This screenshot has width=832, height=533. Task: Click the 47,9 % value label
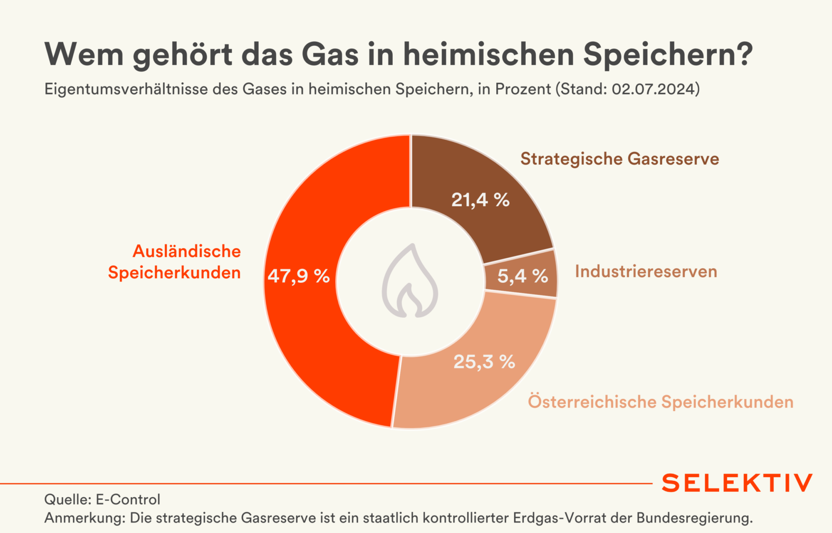click(x=298, y=276)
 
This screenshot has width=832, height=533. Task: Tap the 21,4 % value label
click(x=480, y=200)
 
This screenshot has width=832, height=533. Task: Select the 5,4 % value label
click(x=523, y=275)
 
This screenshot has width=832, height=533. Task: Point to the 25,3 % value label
click(x=484, y=361)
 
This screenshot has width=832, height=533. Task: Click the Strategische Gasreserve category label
click(x=619, y=159)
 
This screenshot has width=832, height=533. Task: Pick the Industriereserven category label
click(x=646, y=271)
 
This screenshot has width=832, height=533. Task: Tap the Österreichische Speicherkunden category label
click(x=660, y=402)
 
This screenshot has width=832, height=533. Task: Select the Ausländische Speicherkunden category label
click(x=174, y=262)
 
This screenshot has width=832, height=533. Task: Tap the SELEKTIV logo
click(x=737, y=483)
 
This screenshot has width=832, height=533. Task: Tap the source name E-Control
click(x=128, y=499)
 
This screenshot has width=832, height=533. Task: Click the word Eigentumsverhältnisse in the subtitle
click(x=126, y=89)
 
